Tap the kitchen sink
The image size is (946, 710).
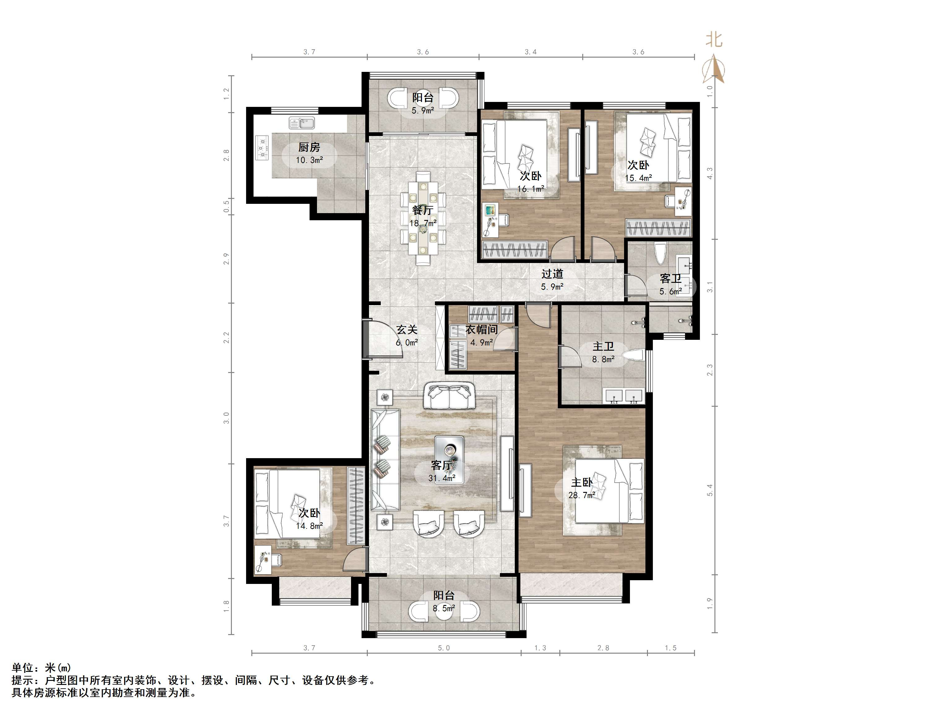point(302,123)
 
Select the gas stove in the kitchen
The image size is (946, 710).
point(262,148)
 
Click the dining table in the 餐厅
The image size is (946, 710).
point(423,218)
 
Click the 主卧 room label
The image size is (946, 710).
point(582,482)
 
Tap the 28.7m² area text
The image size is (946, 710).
point(582,495)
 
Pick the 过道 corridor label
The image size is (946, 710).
point(552,274)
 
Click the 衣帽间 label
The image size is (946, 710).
point(482,330)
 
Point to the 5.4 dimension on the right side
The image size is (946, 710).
point(710,490)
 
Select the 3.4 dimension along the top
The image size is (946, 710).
point(531,52)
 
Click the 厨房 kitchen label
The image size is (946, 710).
point(309,147)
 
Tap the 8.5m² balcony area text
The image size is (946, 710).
point(444,608)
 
